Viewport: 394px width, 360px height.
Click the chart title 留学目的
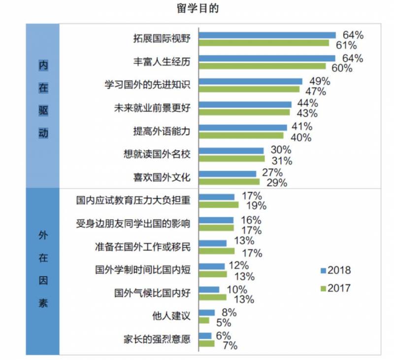click(x=197, y=8)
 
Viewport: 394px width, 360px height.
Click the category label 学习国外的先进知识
click(x=147, y=85)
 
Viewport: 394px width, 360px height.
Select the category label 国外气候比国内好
click(x=152, y=293)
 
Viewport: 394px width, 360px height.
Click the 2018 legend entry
click(x=335, y=270)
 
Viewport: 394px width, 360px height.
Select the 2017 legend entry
click(x=335, y=288)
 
